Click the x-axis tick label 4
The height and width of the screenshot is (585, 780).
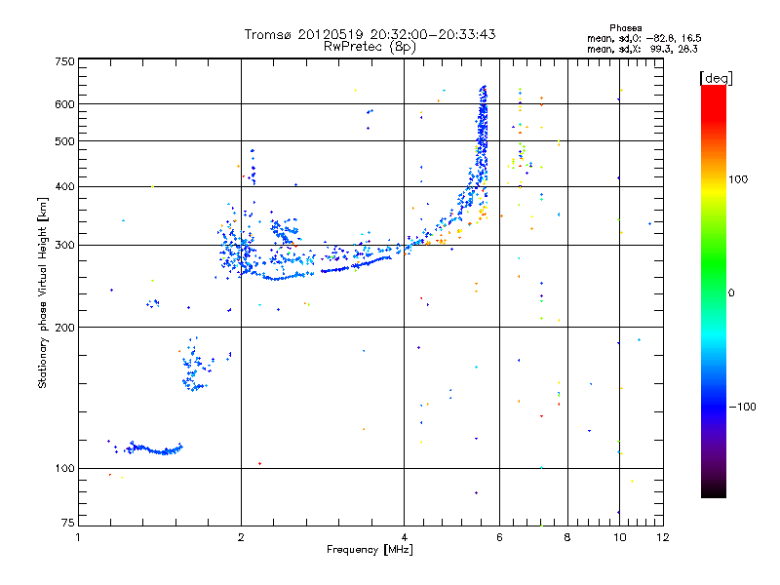point(404,537)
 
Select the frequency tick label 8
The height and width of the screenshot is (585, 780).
point(566,537)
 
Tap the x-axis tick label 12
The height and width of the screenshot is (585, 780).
point(663,537)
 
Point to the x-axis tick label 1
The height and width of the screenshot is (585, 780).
point(78,537)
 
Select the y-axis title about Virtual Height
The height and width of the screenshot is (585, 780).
point(43,293)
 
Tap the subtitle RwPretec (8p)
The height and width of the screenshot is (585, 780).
point(371,47)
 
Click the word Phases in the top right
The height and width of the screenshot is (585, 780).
point(625,27)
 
